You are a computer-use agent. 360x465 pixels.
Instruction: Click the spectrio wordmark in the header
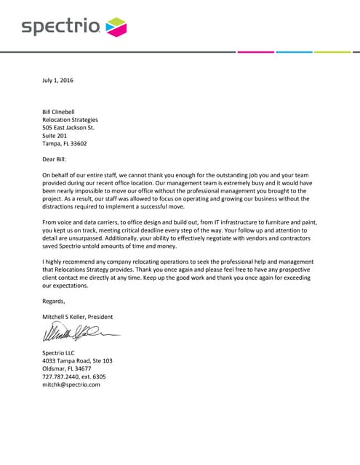pyautogui.click(x=60, y=28)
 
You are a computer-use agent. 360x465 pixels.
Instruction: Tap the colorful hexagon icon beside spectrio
pyautogui.click(x=116, y=28)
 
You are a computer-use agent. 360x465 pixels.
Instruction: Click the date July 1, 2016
pyautogui.click(x=57, y=80)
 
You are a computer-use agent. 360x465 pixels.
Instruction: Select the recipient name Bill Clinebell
pyautogui.click(x=64, y=111)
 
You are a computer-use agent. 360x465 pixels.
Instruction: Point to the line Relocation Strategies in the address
pyautogui.click(x=70, y=120)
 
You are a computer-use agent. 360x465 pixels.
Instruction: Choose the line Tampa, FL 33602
pyautogui.click(x=65, y=144)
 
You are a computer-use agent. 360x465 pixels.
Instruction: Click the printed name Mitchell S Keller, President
pyautogui.click(x=77, y=317)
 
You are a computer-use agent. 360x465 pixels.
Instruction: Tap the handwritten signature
pyautogui.click(x=77, y=335)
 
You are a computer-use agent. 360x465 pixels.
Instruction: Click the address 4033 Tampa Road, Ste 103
pyautogui.click(x=76, y=361)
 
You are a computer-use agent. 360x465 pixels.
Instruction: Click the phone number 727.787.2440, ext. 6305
pyautogui.click(x=73, y=377)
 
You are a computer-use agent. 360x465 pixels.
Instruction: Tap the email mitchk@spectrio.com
pyautogui.click(x=71, y=385)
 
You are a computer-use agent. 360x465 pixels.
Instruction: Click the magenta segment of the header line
pyautogui.click(x=256, y=52)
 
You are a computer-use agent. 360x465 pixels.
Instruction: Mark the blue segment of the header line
pyautogui.click(x=295, y=52)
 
